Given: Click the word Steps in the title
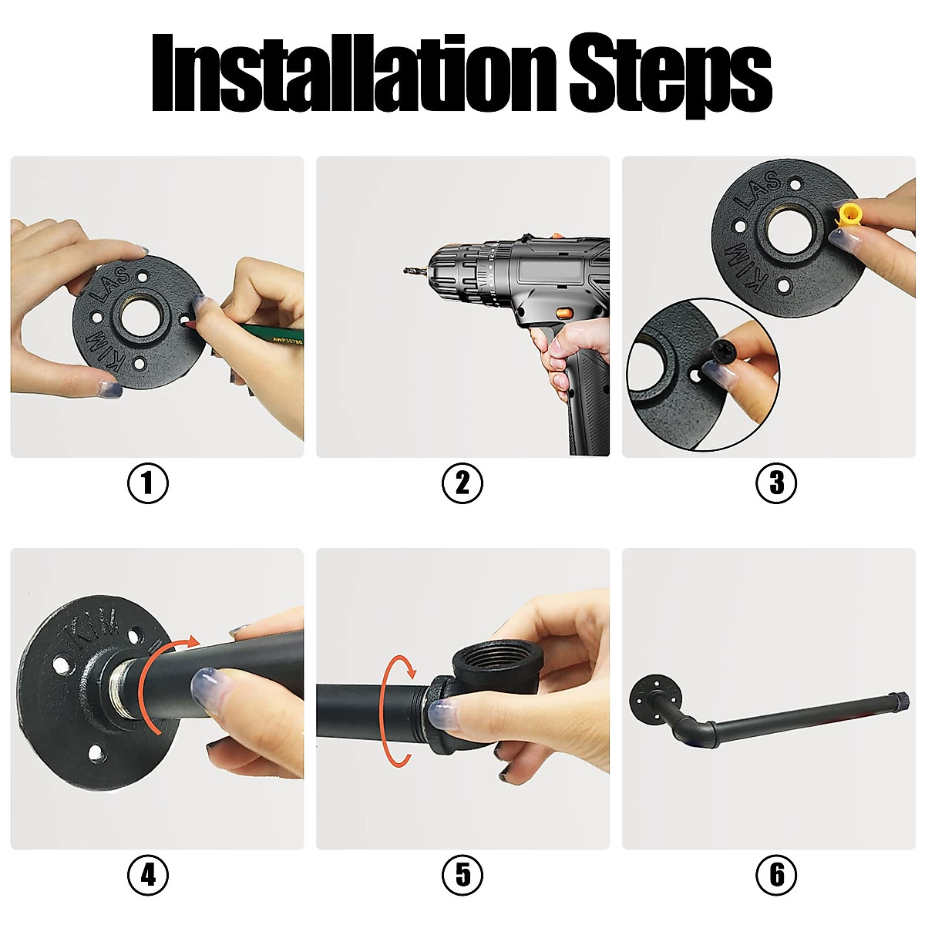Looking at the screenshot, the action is tap(671, 77).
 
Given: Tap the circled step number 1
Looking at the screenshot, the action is tap(148, 483).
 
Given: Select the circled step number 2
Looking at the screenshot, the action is tap(462, 483).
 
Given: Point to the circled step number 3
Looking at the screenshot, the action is tap(776, 483).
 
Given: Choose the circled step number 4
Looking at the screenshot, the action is tap(148, 875).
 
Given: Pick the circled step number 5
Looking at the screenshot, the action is tap(462, 875).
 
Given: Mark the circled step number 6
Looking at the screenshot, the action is tap(776, 875).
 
